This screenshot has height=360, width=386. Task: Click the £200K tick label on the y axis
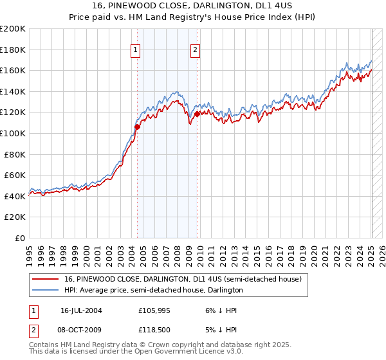coord(13,29)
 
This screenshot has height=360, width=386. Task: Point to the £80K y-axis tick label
coord(15,154)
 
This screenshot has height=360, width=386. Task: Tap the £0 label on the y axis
coord(21,238)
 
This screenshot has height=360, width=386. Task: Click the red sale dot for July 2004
coord(138,127)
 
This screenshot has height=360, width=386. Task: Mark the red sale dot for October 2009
coord(198,114)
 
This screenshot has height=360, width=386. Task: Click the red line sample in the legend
coord(45,280)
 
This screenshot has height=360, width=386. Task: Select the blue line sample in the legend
coord(45,290)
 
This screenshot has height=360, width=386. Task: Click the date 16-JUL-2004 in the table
coord(80,310)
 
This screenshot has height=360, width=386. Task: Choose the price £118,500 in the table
coord(154,328)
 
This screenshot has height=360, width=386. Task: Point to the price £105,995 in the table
coord(154,310)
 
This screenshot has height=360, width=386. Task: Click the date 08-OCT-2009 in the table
coord(82,328)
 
